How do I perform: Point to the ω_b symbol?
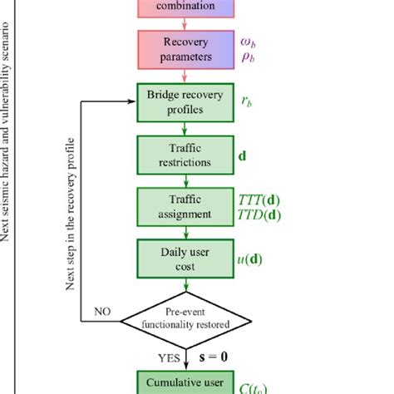click(248, 41)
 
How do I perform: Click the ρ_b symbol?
click(247, 57)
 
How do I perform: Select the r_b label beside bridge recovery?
click(246, 101)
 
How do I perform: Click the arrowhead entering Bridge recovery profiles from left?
click(131, 101)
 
